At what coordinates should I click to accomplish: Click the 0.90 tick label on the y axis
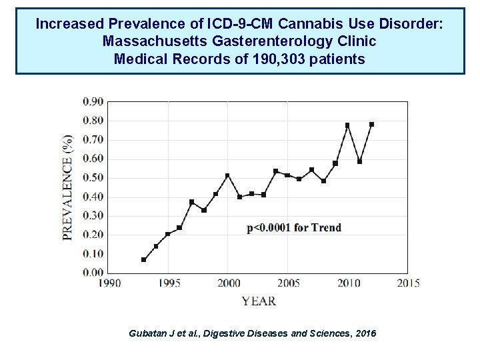[x=93, y=101]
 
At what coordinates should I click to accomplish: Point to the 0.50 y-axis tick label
[x=93, y=177]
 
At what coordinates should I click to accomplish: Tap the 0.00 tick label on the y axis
[x=93, y=273]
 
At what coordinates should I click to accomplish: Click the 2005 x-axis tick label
[x=287, y=283]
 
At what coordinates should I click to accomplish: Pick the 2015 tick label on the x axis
[x=407, y=283]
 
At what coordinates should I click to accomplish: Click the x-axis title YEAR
[x=259, y=301]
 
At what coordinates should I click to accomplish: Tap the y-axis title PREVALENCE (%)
[x=68, y=189]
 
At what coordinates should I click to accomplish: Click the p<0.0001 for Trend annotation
[x=294, y=228]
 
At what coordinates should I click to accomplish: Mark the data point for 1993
[x=143, y=259]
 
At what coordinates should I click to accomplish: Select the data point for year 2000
[x=227, y=175]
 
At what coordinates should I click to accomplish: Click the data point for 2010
[x=347, y=125]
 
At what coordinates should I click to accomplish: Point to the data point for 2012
[x=371, y=124]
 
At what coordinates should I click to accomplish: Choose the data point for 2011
[x=359, y=161]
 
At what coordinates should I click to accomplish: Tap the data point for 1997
[x=191, y=201]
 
